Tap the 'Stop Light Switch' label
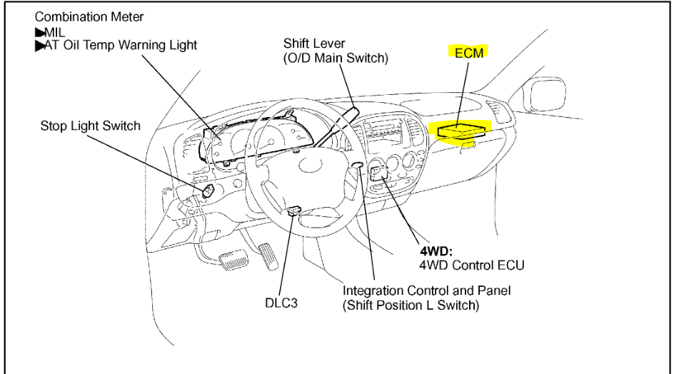91,126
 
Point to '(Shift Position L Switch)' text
411,305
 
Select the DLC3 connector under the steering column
293,211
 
